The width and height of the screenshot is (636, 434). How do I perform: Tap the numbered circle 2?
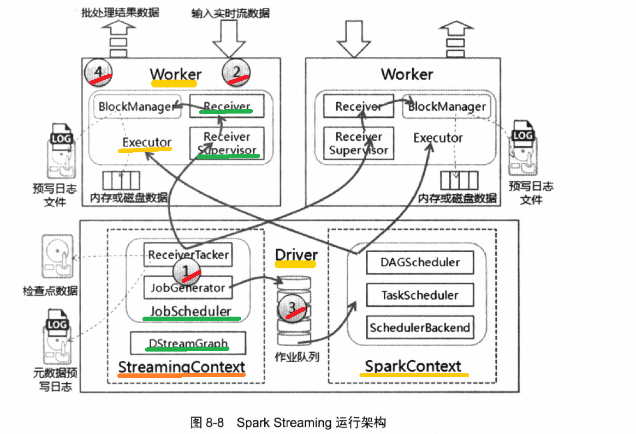coord(236,73)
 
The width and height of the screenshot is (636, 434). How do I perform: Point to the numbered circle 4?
coord(99,73)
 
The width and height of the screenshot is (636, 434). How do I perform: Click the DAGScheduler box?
coord(420,263)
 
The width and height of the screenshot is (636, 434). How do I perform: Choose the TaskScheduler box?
coord(420,295)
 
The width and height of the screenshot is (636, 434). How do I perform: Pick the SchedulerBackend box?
coord(420,328)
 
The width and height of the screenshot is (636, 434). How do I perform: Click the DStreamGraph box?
coord(188,343)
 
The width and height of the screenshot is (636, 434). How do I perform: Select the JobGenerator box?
coord(188,288)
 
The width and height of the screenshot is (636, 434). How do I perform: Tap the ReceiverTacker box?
coord(188,254)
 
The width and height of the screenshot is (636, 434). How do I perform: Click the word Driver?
coord(296,255)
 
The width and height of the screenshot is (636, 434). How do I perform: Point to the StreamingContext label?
coord(182,367)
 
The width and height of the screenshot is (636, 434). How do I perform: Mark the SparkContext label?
coord(413,366)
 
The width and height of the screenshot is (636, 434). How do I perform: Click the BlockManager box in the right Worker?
coord(447,107)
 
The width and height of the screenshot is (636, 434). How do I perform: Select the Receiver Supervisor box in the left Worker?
coord(227,143)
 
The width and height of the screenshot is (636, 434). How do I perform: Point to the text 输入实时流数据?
coord(230,13)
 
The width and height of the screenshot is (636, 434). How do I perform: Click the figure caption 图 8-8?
coord(207,423)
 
